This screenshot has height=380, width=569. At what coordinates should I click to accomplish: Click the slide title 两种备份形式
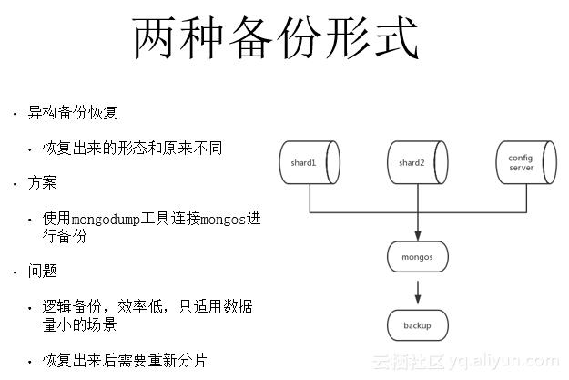275,39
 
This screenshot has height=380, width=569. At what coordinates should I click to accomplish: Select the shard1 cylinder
309,162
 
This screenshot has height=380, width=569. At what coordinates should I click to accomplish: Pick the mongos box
417,256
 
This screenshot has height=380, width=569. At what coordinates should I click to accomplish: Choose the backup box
417,324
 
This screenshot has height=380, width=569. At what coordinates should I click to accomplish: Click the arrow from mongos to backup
417,291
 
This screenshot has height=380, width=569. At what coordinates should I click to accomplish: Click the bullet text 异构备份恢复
79,113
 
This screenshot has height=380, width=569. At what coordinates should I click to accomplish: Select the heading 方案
42,182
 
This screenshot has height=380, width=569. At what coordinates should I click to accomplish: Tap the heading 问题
42,271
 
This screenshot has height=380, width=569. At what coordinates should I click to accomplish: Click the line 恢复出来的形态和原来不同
132,148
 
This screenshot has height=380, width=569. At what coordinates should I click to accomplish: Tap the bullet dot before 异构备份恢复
15,115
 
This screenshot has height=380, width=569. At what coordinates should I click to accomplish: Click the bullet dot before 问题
15,272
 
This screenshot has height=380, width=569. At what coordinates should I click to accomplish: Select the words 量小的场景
79,324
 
